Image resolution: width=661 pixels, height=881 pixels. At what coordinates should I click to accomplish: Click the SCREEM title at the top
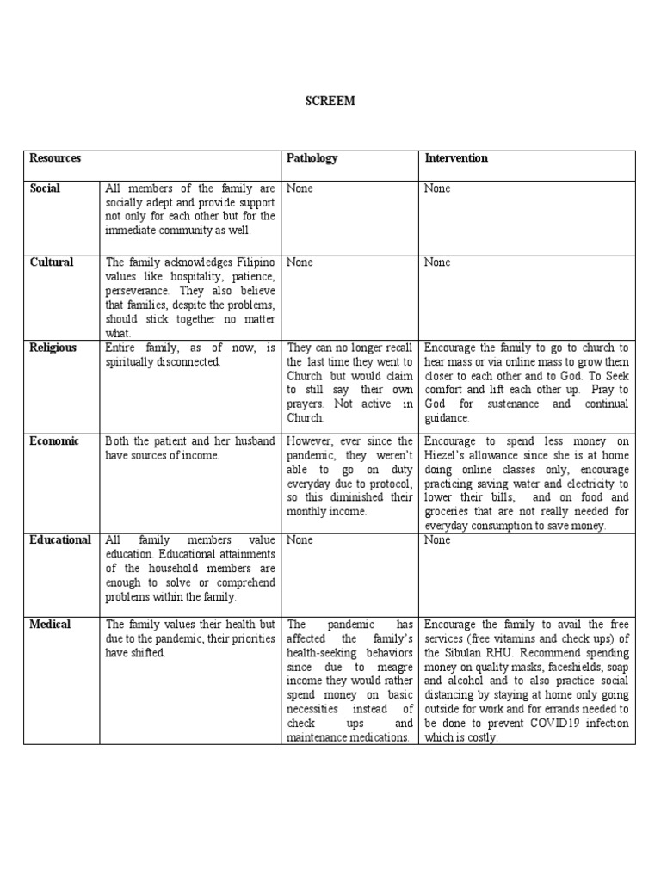tap(330, 101)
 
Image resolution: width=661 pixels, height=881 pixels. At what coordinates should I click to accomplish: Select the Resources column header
tap(55, 158)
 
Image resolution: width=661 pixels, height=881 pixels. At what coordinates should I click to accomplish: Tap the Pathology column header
tap(312, 158)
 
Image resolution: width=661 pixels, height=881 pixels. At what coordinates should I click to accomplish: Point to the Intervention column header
tap(456, 158)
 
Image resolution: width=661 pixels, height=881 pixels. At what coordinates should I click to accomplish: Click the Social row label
tap(45, 188)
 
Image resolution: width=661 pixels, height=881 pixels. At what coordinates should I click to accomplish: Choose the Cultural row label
tap(52, 262)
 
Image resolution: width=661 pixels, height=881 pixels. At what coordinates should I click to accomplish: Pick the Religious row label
tap(53, 348)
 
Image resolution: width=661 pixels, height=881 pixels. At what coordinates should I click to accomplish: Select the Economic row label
tap(53, 441)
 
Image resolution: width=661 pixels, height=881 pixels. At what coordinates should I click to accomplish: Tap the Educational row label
tap(60, 540)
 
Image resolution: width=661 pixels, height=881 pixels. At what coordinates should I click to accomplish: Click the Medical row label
tap(50, 625)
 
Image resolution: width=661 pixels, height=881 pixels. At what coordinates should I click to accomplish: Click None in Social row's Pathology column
tap(300, 188)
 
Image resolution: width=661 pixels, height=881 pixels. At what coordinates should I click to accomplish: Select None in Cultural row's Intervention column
tap(437, 262)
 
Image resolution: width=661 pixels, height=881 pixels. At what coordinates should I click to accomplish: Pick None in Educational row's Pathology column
tap(300, 540)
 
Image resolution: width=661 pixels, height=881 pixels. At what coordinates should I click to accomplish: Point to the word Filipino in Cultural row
tap(253, 262)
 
